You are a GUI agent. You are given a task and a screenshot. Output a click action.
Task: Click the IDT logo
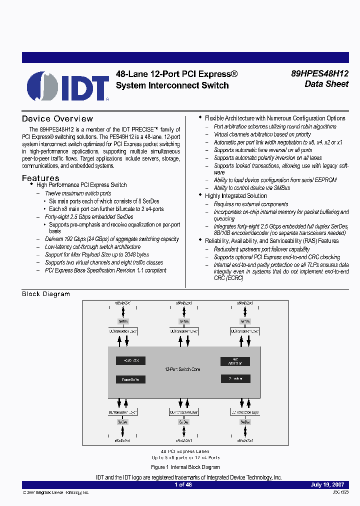coord(68,86)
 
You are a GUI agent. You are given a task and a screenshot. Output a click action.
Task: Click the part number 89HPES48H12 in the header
coord(319,73)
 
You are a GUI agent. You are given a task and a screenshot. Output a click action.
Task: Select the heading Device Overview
coord(57,119)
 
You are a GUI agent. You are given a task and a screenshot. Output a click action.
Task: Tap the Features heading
coord(40,178)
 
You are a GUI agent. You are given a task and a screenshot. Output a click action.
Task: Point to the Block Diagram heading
coord(46,294)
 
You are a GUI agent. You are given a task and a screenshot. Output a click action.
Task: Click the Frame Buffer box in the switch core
coord(130,379)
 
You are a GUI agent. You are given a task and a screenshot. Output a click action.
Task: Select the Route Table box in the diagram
coord(130,360)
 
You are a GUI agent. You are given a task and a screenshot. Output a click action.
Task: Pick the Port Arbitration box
coord(235,361)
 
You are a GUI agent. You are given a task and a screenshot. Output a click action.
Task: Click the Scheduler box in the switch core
coord(235,379)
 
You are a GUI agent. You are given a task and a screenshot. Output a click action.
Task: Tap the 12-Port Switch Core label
coord(182,369)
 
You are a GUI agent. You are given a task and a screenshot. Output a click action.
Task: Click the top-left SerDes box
coord(123,321)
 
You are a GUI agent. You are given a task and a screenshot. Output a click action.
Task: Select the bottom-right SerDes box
coord(245,422)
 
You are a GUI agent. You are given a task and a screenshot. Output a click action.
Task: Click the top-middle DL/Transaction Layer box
coord(183,331)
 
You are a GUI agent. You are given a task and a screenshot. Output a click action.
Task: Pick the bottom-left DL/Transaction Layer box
coord(123,412)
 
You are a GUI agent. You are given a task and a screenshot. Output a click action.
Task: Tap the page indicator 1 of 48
coord(183,484)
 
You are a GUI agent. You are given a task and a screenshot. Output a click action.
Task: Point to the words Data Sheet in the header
coord(326,84)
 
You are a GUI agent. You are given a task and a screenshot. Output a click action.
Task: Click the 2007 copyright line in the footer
coord(56,492)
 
